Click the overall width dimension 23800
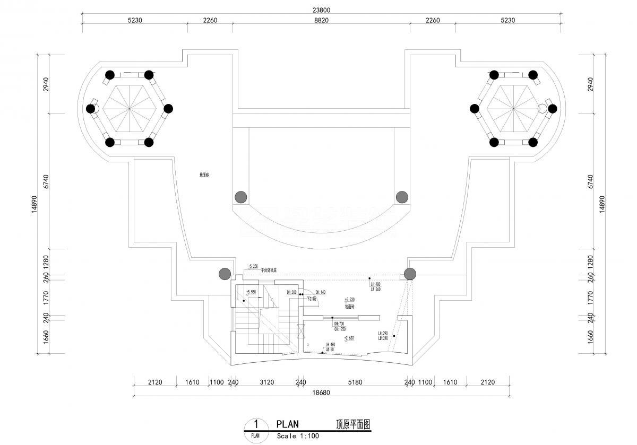[x=322, y=10]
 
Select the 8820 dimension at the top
[x=321, y=20]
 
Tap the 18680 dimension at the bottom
[x=322, y=393]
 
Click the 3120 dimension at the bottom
[x=266, y=382]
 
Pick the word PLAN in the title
[x=288, y=424]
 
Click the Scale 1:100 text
[x=297, y=436]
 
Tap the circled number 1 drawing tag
[x=256, y=424]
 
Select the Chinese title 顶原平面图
[x=352, y=424]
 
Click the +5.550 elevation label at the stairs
[x=251, y=292]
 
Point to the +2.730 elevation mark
[x=349, y=300]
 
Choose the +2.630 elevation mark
[x=349, y=338]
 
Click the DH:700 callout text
[x=339, y=324]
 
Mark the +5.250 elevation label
[x=253, y=266]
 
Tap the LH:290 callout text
[x=383, y=334]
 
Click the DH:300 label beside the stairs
[x=291, y=292]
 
